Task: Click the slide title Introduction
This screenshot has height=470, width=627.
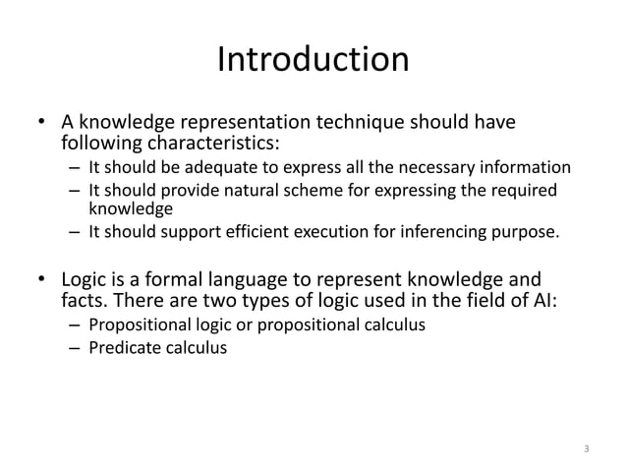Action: tap(313, 61)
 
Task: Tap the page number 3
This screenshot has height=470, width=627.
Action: tap(586, 449)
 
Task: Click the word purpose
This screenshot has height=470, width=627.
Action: tap(527, 233)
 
